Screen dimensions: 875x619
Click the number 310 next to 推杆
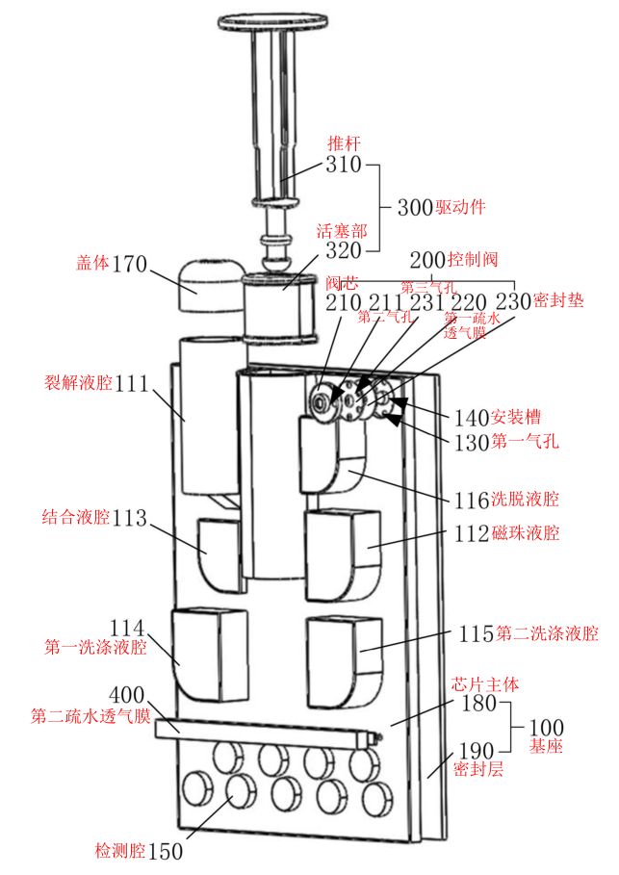pos(343,166)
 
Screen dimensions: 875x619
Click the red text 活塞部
pos(343,231)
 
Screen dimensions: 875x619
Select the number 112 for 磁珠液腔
pos(473,533)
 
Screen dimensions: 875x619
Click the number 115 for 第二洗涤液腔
pos(476,633)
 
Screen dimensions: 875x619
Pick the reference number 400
pos(128,694)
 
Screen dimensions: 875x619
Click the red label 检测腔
pos(119,850)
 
